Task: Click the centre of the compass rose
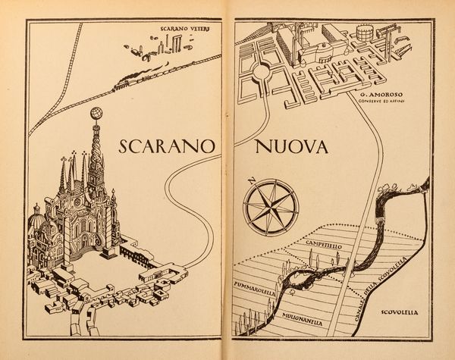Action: click(x=271, y=204)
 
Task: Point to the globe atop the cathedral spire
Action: click(x=96, y=114)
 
